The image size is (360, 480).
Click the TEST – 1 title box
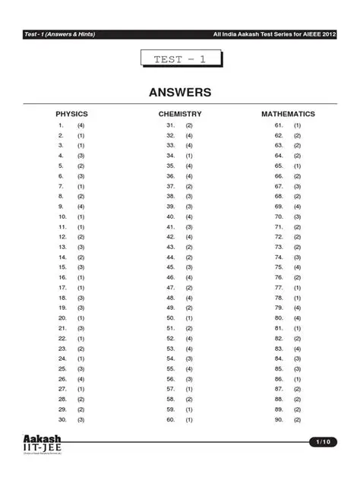180,59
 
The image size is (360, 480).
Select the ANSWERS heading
180,93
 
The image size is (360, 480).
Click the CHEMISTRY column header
180,114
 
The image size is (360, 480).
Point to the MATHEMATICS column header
288,114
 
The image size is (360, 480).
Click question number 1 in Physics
60,125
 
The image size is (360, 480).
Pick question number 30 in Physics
60,419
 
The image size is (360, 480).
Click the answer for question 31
189,125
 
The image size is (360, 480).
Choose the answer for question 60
189,419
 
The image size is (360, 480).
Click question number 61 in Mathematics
279,125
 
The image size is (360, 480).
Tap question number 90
279,419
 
